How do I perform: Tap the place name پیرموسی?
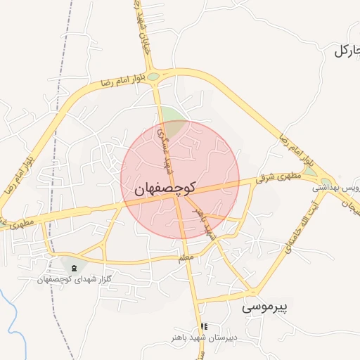tap(266, 307)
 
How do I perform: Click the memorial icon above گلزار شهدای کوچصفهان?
tap(75, 268)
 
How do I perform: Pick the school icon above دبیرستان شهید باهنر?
tap(204, 326)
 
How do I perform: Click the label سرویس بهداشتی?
tap(336, 188)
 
